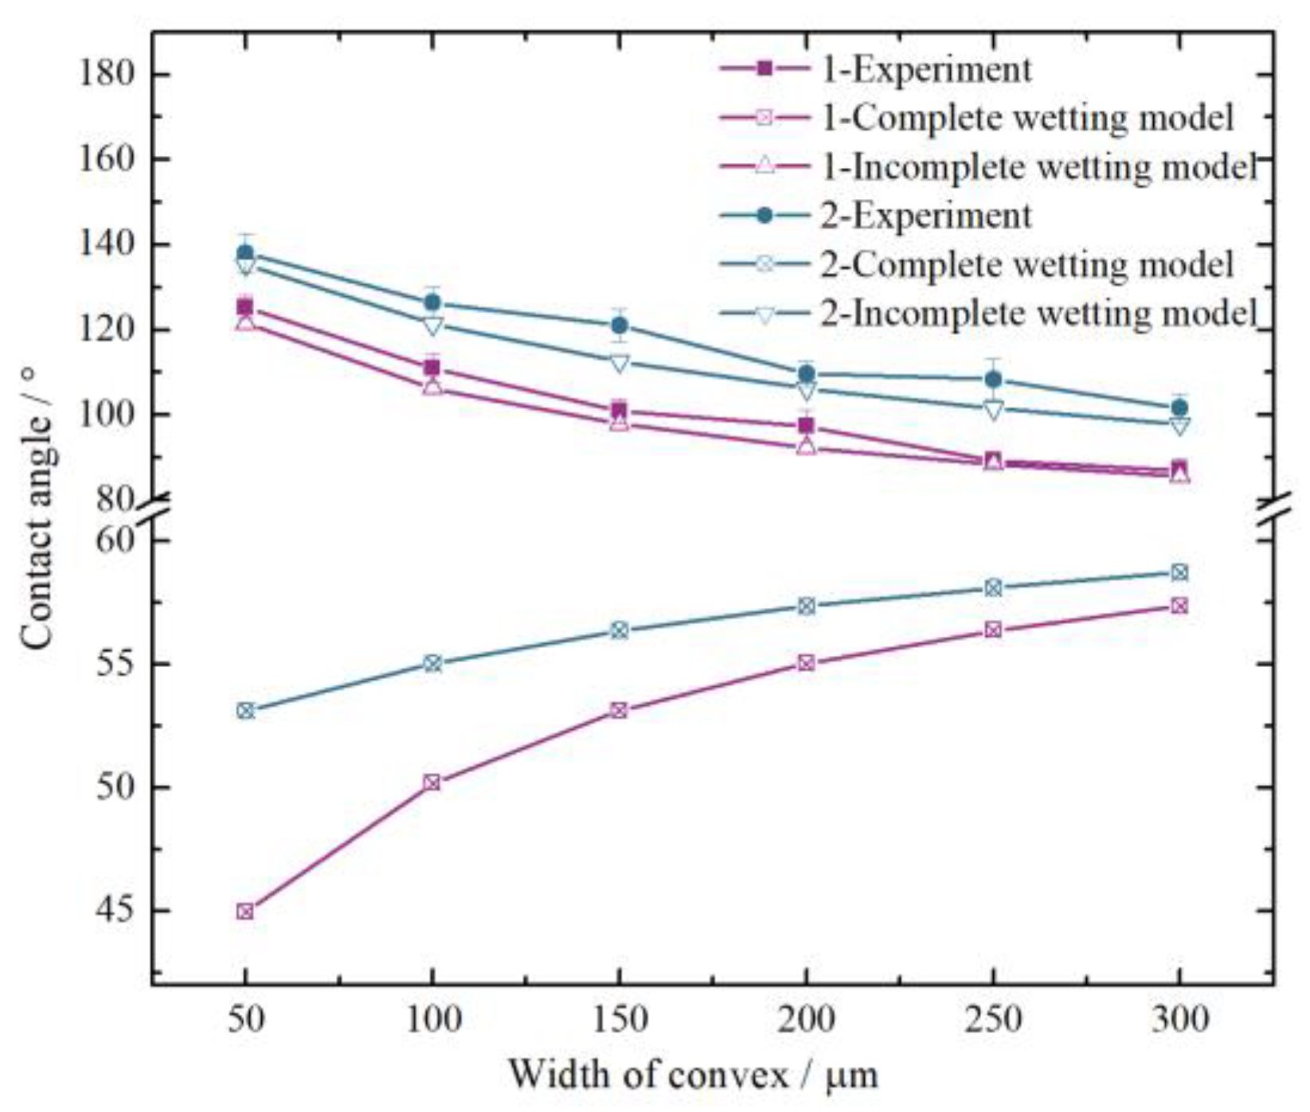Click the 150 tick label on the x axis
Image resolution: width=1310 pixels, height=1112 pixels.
619,1020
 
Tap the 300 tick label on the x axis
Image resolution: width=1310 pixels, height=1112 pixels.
1179,1020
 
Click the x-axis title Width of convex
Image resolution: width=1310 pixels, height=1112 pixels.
693,1075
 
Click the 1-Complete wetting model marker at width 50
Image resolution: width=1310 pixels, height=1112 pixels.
245,911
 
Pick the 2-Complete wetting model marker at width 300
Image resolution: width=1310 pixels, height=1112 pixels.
1179,572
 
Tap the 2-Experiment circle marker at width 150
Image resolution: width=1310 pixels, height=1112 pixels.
619,326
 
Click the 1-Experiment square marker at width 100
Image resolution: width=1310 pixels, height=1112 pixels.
432,368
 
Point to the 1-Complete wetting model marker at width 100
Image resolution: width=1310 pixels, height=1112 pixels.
432,782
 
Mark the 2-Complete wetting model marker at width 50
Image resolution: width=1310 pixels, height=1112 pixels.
245,710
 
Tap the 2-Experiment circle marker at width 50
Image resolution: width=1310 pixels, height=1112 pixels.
245,253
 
